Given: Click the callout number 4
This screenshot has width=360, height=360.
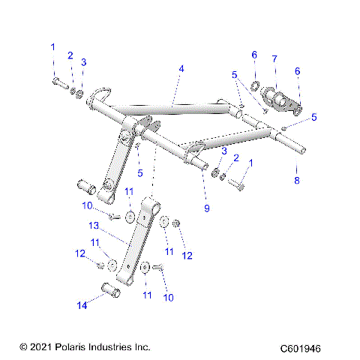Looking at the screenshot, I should (x=181, y=69).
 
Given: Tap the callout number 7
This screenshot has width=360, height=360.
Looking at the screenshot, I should (x=274, y=58).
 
